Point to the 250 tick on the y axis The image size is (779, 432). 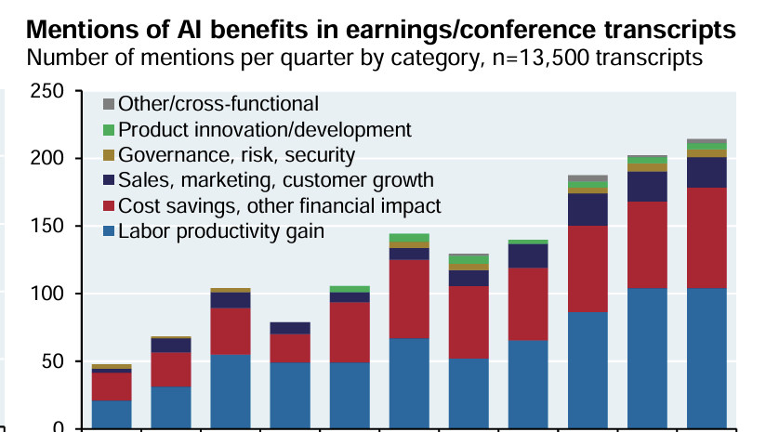(46, 91)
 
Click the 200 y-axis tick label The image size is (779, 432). (46, 159)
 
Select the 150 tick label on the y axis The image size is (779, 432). (46, 227)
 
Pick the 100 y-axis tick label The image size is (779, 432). (46, 294)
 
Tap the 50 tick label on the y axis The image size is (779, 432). (50, 361)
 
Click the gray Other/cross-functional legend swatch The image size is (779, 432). (109, 104)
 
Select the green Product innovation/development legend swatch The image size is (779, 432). (109, 130)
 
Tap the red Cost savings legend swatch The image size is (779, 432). (109, 206)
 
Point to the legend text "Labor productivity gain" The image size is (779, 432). (221, 231)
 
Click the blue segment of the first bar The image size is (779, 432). (112, 414)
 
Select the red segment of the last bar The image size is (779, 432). (706, 238)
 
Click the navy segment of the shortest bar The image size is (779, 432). (112, 371)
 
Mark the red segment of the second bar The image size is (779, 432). (171, 369)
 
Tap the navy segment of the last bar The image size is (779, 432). (706, 172)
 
